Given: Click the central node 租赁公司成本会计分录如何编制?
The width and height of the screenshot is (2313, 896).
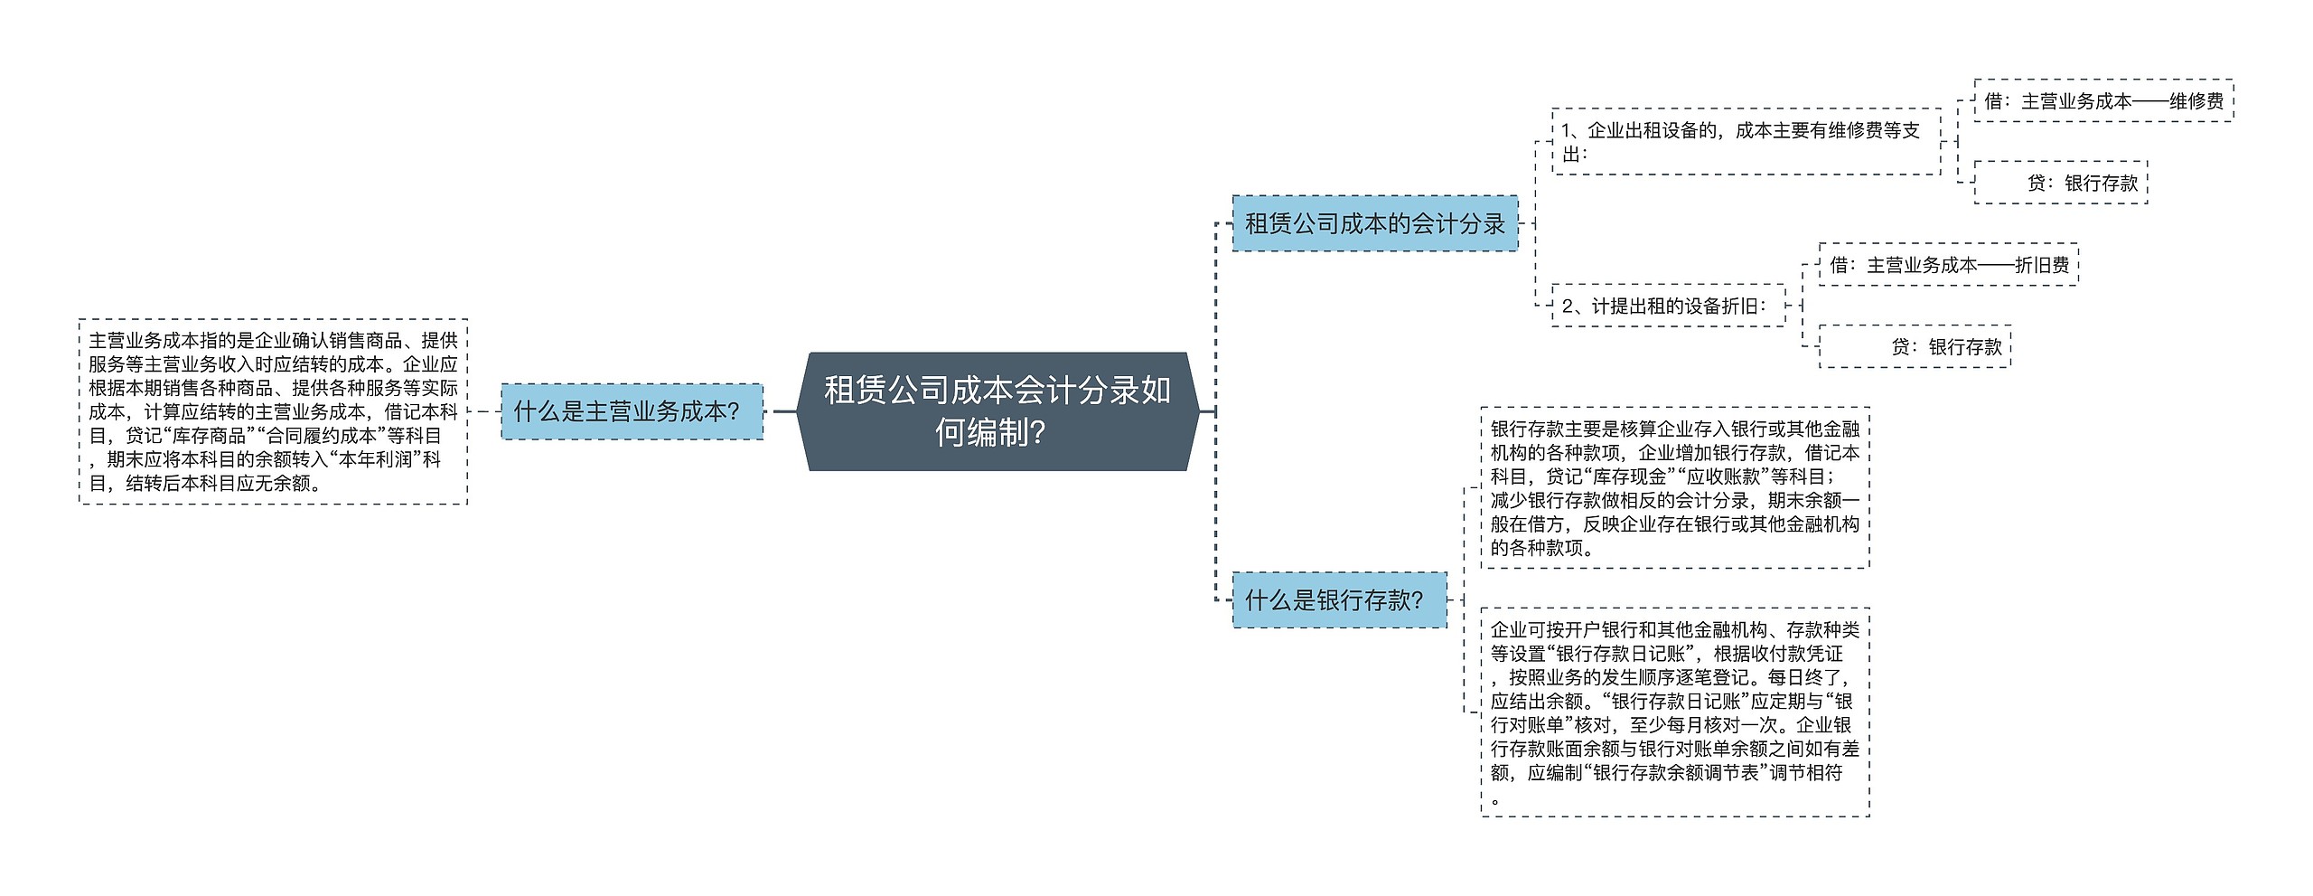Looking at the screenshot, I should point(997,411).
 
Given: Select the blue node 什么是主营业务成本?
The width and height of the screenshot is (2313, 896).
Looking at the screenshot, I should point(632,411).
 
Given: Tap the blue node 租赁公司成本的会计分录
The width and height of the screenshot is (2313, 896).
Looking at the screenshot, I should point(1374,223).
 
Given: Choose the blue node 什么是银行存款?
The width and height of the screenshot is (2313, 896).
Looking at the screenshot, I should point(1338,599).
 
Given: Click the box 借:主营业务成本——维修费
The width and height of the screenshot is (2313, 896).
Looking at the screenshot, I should point(2103,100).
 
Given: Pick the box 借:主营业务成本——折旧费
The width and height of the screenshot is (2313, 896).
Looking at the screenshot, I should point(1948,265).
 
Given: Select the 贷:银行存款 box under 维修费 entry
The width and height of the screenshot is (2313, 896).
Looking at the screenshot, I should point(2060,183).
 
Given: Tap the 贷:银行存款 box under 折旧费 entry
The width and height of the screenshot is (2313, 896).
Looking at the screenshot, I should point(1915,346).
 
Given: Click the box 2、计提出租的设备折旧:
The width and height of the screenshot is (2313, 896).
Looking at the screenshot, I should point(1668,306).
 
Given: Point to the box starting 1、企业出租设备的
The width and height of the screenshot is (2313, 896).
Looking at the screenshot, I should point(1746,142).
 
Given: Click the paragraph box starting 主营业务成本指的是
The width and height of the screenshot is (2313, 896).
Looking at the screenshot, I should point(273,411).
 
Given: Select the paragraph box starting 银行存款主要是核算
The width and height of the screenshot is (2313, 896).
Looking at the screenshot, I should point(1674,487).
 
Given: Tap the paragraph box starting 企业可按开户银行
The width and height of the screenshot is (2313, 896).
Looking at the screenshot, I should point(1674,712).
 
